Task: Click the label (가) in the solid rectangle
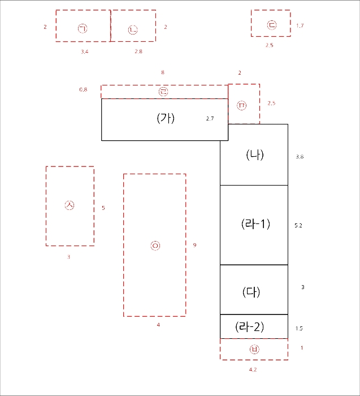(166, 118)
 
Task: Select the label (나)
(255, 155)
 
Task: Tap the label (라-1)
(255, 224)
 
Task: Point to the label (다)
(251, 292)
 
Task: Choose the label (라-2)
(249, 327)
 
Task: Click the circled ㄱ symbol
(83, 28)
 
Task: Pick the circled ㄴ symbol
(133, 30)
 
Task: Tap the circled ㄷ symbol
(272, 25)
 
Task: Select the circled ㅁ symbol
(242, 105)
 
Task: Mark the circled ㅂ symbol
(254, 349)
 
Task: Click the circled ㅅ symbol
(70, 205)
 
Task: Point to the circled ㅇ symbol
(155, 246)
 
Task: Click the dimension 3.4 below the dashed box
(85, 51)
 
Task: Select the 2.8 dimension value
(138, 51)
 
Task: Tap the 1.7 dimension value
(300, 25)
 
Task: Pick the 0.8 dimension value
(83, 89)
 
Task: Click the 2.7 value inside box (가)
(210, 118)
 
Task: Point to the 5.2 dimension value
(298, 225)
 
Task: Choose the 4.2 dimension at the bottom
(253, 369)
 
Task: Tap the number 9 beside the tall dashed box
(194, 245)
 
